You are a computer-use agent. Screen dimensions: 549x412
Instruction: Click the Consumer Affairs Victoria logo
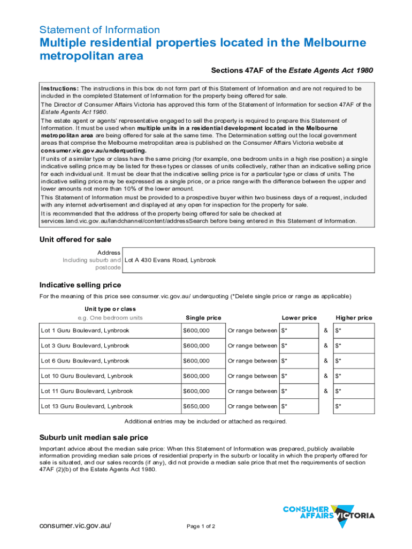328,515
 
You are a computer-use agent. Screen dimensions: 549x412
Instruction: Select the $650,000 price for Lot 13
196,406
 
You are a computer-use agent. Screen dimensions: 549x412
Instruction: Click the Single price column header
203,318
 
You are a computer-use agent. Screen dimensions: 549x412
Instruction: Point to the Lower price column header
299,318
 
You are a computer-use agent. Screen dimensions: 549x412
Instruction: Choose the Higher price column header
354,318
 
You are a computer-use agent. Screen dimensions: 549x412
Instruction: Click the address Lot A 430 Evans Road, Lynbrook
170,260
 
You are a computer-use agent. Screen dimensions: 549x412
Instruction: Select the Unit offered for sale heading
75,240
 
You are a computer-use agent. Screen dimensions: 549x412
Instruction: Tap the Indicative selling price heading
80,285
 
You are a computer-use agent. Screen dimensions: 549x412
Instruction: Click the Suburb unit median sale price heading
94,437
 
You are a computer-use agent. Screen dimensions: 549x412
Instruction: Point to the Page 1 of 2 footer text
201,526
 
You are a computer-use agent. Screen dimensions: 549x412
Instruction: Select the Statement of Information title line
100,30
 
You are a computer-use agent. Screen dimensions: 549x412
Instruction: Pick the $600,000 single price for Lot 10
196,376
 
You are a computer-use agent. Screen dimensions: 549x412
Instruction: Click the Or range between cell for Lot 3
253,346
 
